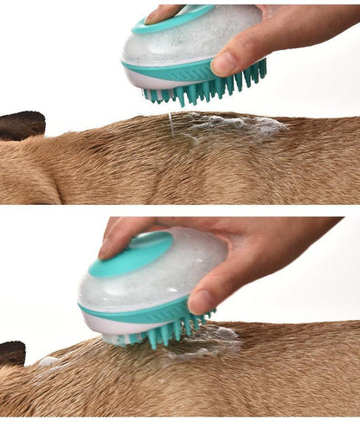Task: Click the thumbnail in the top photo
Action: (x=223, y=62)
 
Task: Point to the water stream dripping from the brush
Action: (x=171, y=122)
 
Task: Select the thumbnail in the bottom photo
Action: (x=201, y=301)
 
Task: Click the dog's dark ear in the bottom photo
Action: (x=12, y=353)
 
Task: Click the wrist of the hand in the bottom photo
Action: (x=312, y=233)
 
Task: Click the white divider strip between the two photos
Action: (x=180, y=210)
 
